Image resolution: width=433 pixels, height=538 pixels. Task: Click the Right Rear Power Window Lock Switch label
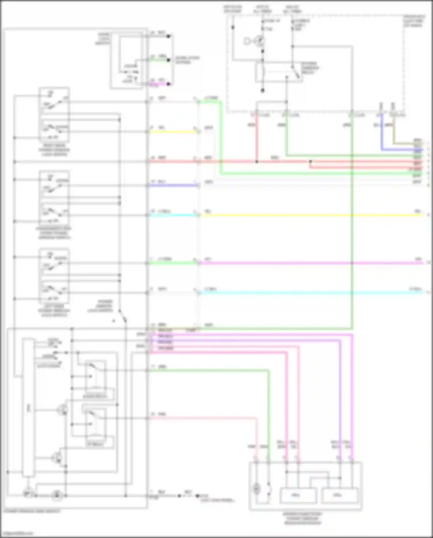point(54,150)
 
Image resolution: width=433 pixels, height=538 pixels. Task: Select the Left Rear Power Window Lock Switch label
point(54,310)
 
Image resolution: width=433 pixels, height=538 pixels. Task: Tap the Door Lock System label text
point(187,60)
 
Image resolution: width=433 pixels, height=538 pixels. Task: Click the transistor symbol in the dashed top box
point(259,41)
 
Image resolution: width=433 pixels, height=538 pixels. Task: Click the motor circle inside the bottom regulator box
point(256,489)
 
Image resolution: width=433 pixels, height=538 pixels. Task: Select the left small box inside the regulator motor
point(298,495)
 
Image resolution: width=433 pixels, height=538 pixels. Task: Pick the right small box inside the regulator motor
point(340,495)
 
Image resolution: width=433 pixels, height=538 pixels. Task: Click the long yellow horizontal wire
point(312,215)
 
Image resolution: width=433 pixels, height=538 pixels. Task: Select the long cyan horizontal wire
point(312,293)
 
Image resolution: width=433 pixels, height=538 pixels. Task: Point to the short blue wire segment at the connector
point(173,185)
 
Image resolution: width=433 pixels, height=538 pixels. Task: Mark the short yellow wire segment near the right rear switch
point(173,132)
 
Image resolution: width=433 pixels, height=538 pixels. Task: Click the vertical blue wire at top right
point(382,133)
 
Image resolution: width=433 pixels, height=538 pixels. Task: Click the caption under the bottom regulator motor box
point(302,518)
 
